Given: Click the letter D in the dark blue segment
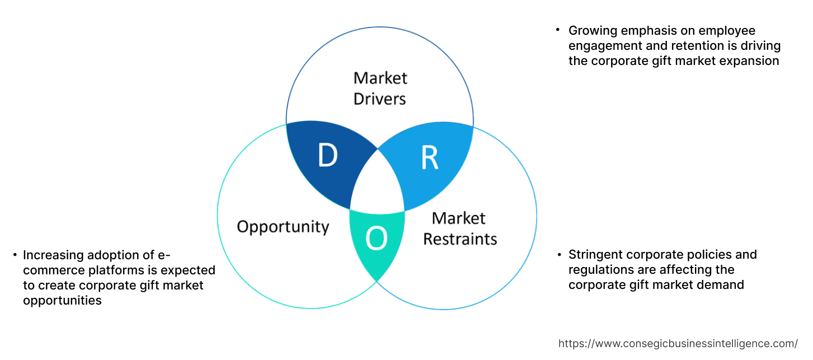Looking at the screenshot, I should click(x=328, y=156).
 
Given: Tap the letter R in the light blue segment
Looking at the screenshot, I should click(x=429, y=158).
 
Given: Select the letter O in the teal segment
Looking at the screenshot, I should click(x=376, y=240).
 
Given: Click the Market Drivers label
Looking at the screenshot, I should click(x=380, y=88).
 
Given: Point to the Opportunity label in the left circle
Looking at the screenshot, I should click(x=283, y=227).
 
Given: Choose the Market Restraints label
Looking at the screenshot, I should click(x=459, y=228).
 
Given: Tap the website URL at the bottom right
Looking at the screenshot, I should click(x=678, y=344).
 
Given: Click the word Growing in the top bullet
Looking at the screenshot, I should click(x=591, y=31).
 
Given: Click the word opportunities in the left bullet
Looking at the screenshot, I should click(x=62, y=301).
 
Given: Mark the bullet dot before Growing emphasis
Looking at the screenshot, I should click(x=558, y=29).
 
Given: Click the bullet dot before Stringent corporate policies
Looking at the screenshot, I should click(x=558, y=255).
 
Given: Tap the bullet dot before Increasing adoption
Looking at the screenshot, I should click(x=15, y=255).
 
